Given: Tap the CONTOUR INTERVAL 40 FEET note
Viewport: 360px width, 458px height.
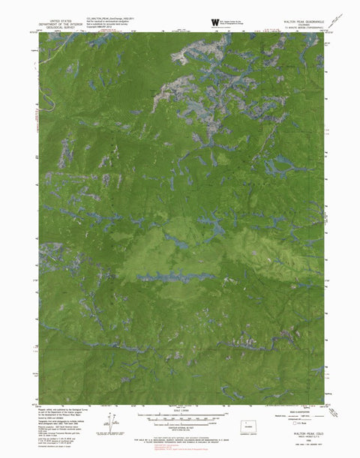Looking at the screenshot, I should click(x=179, y=425).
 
